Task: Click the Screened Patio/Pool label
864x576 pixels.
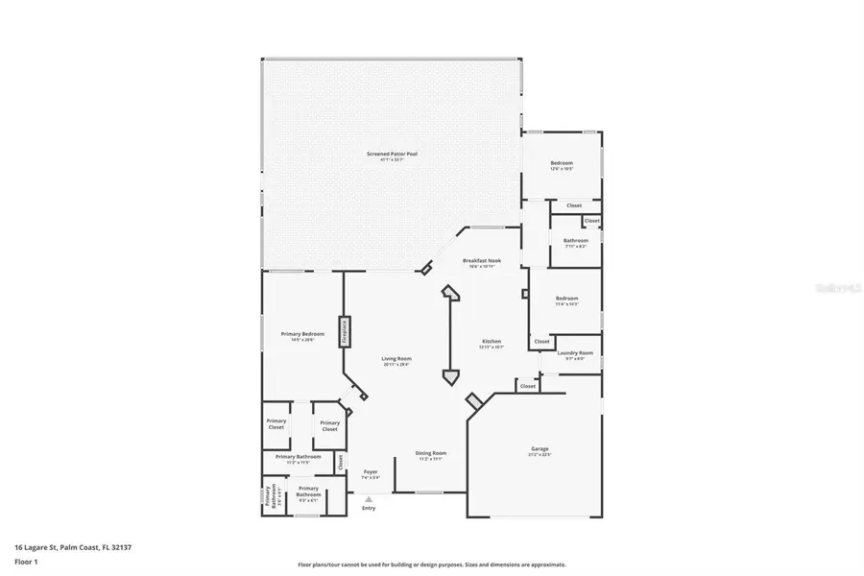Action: (x=392, y=154)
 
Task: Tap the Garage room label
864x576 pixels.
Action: (x=540, y=448)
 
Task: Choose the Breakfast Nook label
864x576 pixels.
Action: (x=481, y=261)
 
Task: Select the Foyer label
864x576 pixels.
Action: (x=371, y=471)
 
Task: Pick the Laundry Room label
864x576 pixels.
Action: (x=576, y=352)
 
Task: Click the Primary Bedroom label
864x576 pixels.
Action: (x=302, y=333)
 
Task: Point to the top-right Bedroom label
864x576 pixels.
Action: (x=562, y=163)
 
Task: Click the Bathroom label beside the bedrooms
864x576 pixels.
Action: (x=576, y=240)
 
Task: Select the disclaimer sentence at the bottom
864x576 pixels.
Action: (x=432, y=564)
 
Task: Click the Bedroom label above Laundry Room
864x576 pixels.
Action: (x=567, y=299)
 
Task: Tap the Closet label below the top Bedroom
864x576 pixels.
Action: (x=574, y=205)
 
